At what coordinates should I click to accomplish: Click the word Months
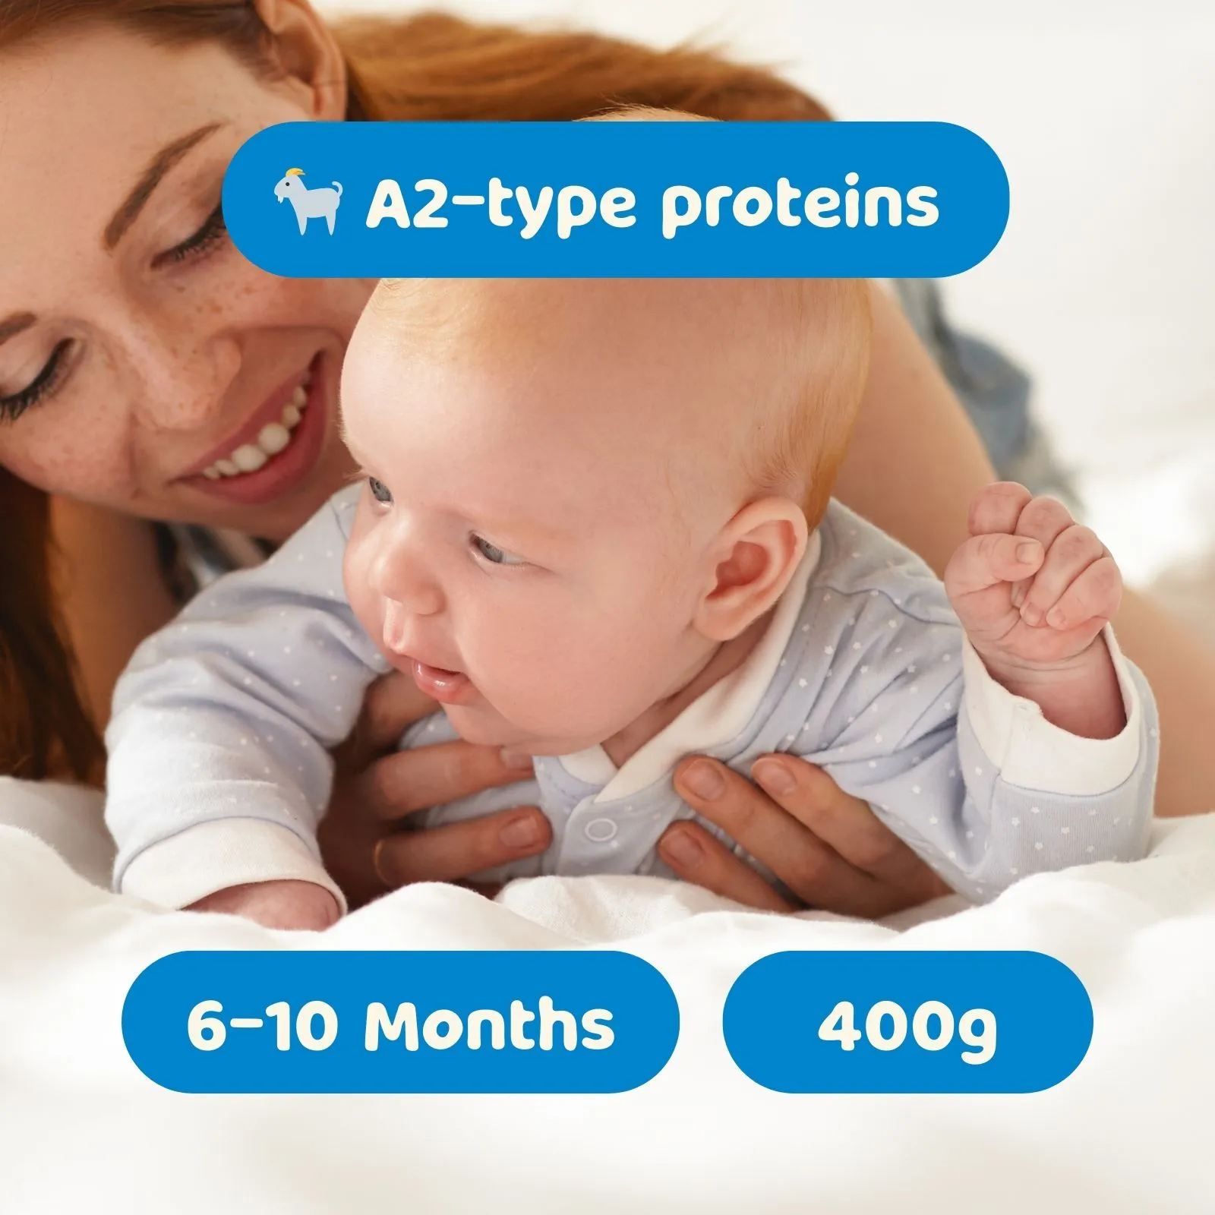(488, 1024)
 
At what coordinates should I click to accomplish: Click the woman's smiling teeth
(255, 440)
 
